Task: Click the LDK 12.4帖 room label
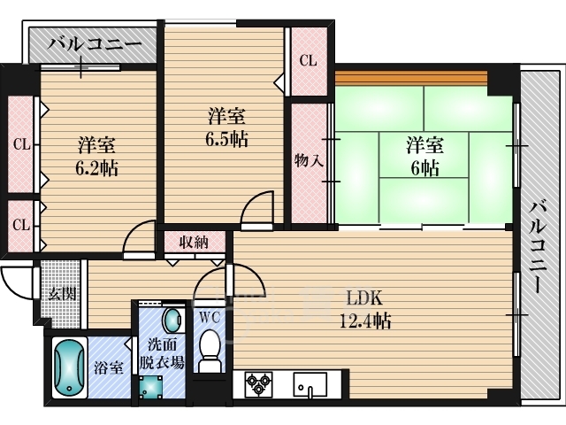pos(365,309)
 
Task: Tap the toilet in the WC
pos(210,351)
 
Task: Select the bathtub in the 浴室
pos(70,368)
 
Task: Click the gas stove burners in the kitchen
pos(258,384)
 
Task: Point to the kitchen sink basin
pos(310,385)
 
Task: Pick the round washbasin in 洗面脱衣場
pos(172,320)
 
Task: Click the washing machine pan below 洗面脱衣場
pos(151,387)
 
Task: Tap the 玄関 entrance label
pos(62,294)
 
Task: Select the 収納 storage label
pos(194,242)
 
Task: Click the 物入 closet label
pos(309,160)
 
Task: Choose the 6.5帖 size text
pos(226,139)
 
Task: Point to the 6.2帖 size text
pos(96,168)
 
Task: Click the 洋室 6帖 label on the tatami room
pos(424,156)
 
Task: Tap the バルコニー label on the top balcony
pos(95,45)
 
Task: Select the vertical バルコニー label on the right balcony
pos(539,246)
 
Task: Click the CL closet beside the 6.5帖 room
pos(308,61)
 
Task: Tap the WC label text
pos(210,318)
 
